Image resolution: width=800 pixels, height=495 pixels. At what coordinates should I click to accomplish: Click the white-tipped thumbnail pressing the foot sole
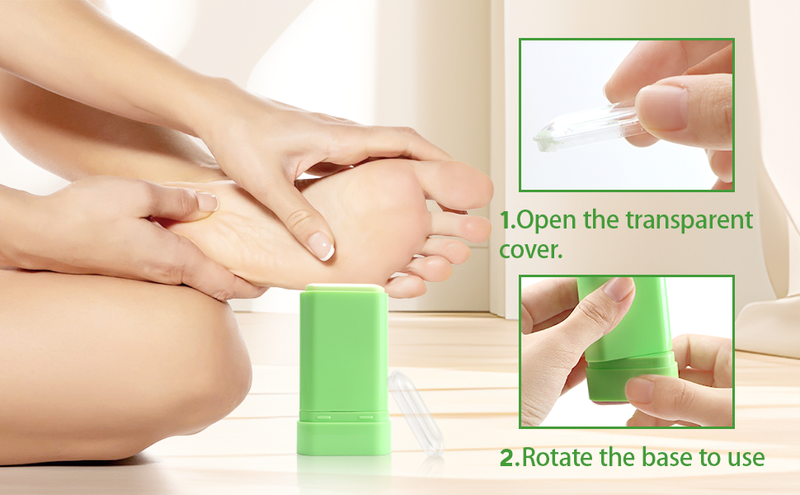[x=322, y=246]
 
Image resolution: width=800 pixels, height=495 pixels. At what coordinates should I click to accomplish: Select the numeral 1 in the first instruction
[x=507, y=220]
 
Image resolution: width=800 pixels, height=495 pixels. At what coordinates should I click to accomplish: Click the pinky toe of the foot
[x=408, y=285]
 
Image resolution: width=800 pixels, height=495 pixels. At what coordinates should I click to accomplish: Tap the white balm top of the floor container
[x=342, y=287]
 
